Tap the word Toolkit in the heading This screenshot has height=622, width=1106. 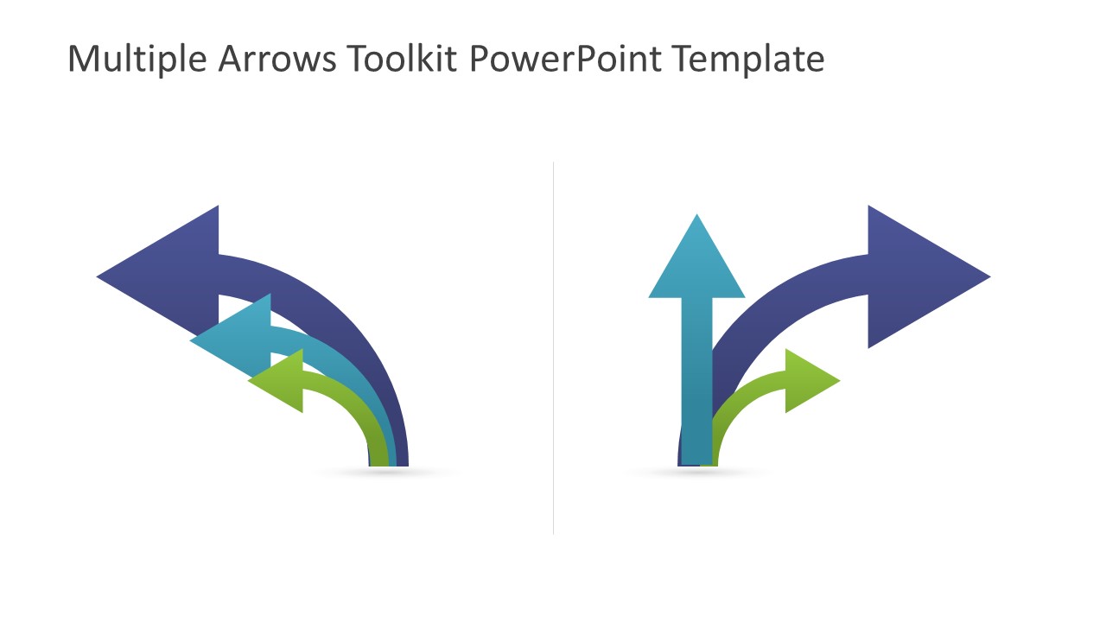coord(403,60)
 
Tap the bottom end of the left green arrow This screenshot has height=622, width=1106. coord(378,458)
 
